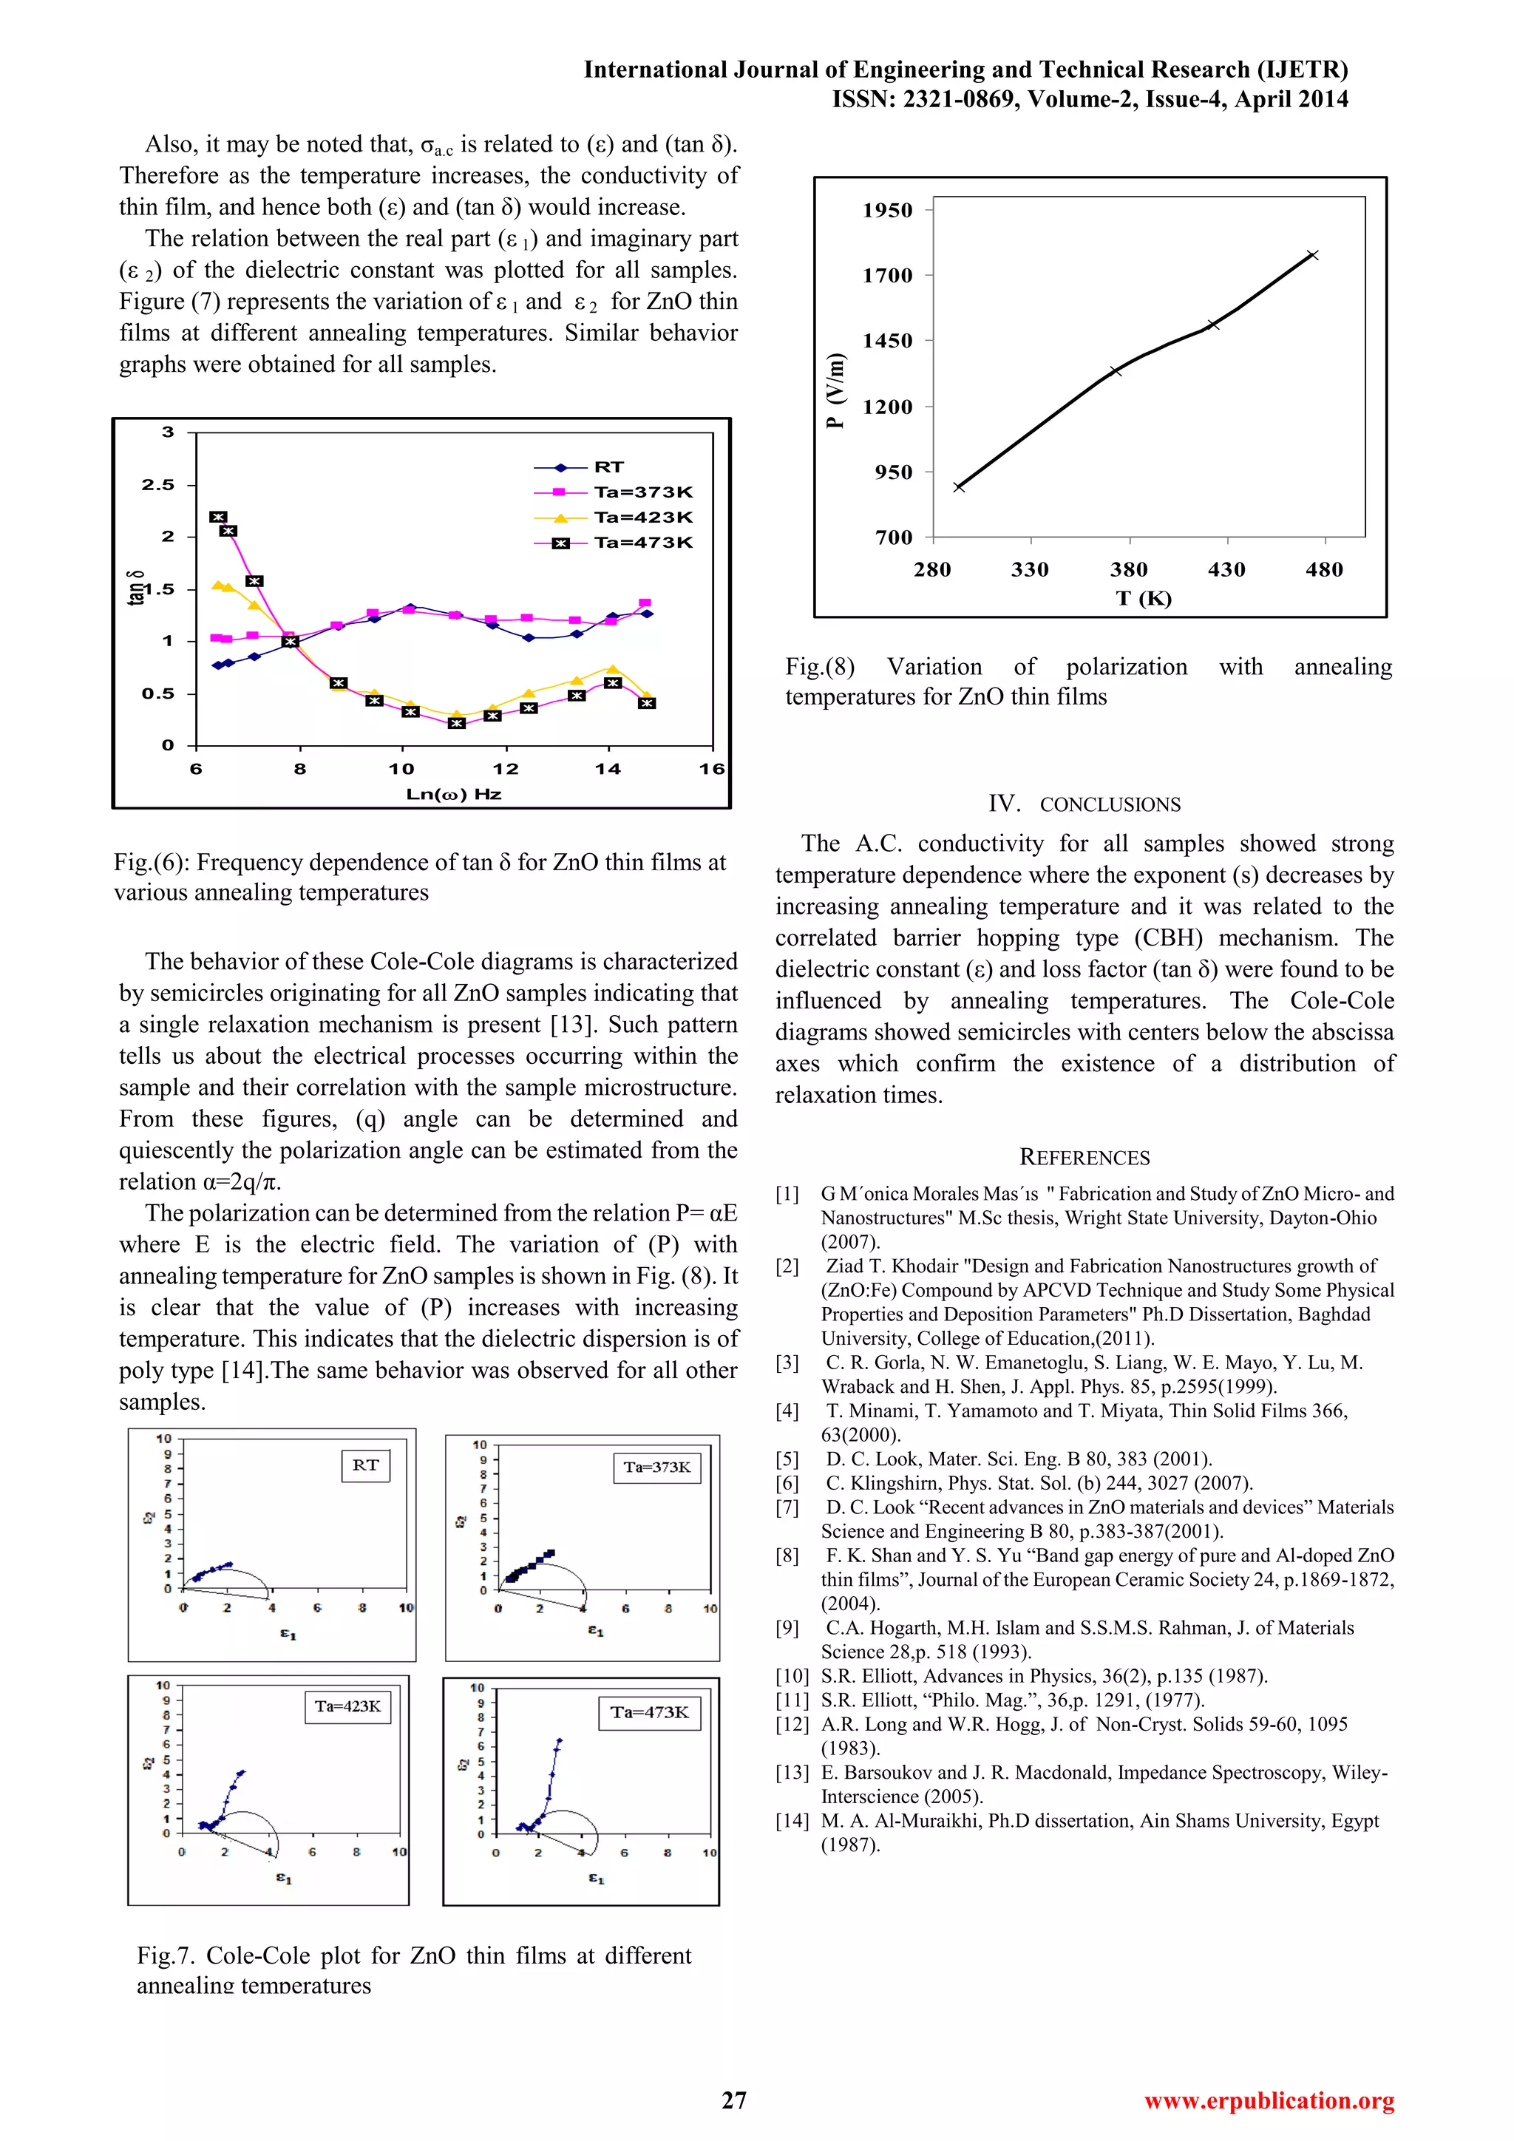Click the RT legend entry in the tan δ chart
(608, 467)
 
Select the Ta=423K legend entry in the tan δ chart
(642, 518)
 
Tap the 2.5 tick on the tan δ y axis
(157, 485)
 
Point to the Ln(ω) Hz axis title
(453, 795)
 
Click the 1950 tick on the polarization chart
(886, 211)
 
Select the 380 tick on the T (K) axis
(1128, 570)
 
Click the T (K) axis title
(1143, 599)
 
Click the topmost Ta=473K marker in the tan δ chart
(218, 517)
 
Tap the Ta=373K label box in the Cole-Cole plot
(657, 1467)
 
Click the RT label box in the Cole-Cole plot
(365, 1465)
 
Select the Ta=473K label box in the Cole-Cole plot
(649, 1712)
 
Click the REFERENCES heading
(1084, 1157)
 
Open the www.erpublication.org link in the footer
(1269, 2101)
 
